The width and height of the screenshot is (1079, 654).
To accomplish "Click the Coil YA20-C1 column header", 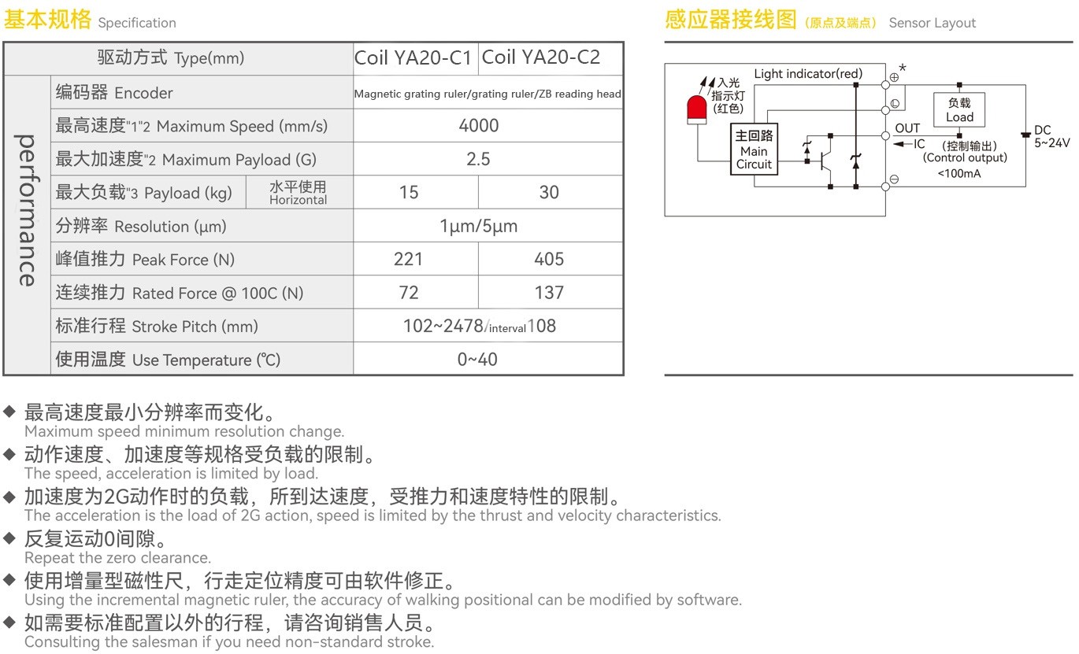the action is (413, 58).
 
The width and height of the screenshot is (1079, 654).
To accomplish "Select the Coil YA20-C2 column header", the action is (541, 57).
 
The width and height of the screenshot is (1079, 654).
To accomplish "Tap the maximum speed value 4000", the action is (478, 126).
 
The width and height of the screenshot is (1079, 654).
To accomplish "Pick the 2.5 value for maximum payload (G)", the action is (478, 159).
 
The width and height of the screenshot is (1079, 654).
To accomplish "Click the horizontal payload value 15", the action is (409, 193).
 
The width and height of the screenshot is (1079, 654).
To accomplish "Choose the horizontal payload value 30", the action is (549, 193).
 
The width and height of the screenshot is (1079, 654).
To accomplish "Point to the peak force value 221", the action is (408, 260).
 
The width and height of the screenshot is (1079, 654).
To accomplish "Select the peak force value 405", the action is (549, 260).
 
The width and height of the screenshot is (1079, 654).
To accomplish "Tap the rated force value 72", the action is (409, 293).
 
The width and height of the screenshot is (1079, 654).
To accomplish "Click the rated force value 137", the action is (549, 293).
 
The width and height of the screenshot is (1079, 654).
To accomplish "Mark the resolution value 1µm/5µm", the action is (478, 226).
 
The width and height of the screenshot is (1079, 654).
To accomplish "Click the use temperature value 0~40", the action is (477, 360).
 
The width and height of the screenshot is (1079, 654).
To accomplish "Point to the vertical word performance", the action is (27, 210).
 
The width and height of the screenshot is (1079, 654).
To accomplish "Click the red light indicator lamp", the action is (696, 110).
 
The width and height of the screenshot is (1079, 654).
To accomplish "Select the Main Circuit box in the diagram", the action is (754, 150).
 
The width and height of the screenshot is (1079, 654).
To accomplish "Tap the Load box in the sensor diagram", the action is (959, 109).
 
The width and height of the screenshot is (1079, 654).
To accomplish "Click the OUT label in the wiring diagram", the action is (907, 128).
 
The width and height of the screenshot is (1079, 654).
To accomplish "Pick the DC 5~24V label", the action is (1052, 136).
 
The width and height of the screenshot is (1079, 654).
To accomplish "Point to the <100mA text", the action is (959, 174).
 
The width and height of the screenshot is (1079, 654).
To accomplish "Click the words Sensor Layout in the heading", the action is (932, 23).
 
